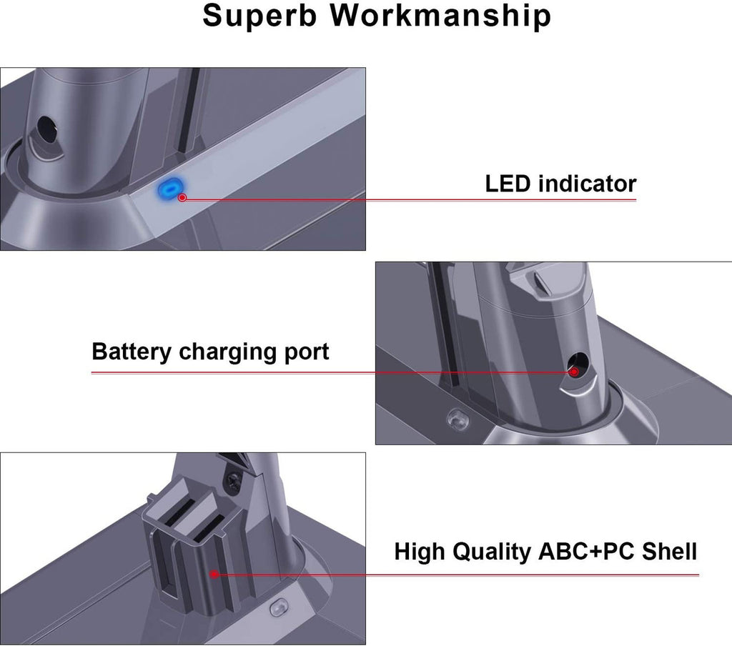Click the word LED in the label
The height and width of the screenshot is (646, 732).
[508, 184]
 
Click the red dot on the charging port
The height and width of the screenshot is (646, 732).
[573, 372]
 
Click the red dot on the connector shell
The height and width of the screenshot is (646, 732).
[214, 572]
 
